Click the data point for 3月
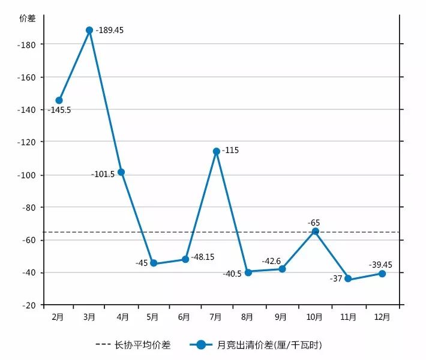pyautogui.click(x=89, y=30)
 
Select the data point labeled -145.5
pyautogui.click(x=59, y=100)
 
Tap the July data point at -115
pyautogui.click(x=216, y=151)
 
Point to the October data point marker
pyautogui.click(x=315, y=231)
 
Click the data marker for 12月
pyautogui.click(x=382, y=274)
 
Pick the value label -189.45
pyautogui.click(x=110, y=30)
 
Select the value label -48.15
pyautogui.click(x=202, y=256)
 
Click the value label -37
pyautogui.click(x=335, y=278)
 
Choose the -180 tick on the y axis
pyautogui.click(x=28, y=44)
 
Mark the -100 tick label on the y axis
pyautogui.click(x=28, y=175)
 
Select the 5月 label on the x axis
pyautogui.click(x=152, y=316)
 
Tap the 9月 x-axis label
pyautogui.click(x=280, y=316)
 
